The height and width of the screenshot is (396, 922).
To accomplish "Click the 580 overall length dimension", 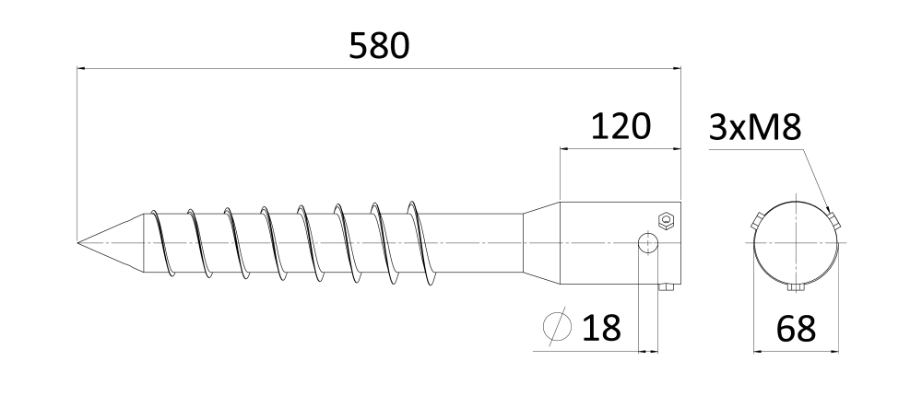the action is coord(379,46).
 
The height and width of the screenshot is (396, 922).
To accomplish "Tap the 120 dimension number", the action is coord(621,126).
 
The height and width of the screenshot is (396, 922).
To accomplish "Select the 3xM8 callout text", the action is coord(755,127).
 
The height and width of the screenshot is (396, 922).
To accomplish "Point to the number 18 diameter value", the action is coord(601,328).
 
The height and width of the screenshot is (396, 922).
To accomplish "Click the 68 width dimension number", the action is coord(796,329).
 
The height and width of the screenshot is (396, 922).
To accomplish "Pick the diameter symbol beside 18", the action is coord(557,327).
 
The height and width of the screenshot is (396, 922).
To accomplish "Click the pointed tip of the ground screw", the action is coord(77,242).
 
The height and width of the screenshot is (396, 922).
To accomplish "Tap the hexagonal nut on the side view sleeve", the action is coord(666,220).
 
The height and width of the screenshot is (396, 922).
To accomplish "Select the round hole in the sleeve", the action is coord(648,242).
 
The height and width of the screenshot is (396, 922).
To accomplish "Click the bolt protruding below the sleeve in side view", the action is coord(666,286).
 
